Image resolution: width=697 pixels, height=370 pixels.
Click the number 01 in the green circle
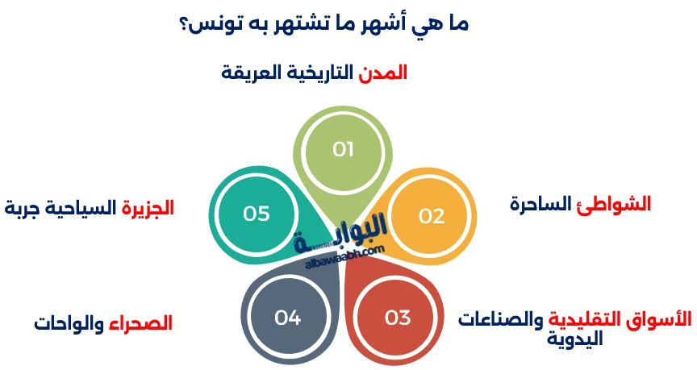[x=344, y=150]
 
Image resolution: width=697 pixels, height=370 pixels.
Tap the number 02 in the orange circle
[x=432, y=216]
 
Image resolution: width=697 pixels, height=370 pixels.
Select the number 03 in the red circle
[x=398, y=318]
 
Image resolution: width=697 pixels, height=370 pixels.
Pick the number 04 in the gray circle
[x=288, y=318]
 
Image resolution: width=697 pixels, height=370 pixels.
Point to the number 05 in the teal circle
[x=256, y=214]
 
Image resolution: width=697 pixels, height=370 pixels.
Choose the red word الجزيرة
[x=148, y=208]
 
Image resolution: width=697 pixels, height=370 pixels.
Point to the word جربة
[x=22, y=208]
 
